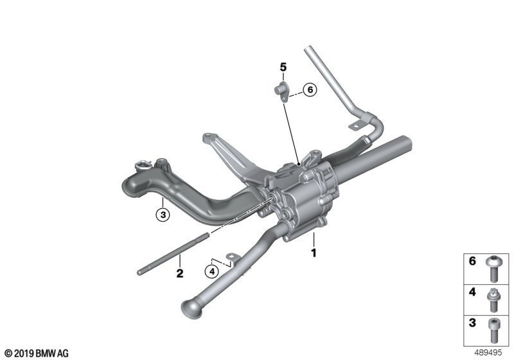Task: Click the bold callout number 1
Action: (314, 253)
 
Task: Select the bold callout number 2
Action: (180, 273)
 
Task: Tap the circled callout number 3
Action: (163, 215)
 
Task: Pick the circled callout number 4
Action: (212, 271)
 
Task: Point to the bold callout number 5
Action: (283, 67)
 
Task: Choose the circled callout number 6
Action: (310, 89)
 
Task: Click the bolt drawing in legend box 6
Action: (492, 269)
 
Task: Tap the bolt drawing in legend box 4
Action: (492, 300)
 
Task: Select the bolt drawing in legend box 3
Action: (492, 330)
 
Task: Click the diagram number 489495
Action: (488, 353)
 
